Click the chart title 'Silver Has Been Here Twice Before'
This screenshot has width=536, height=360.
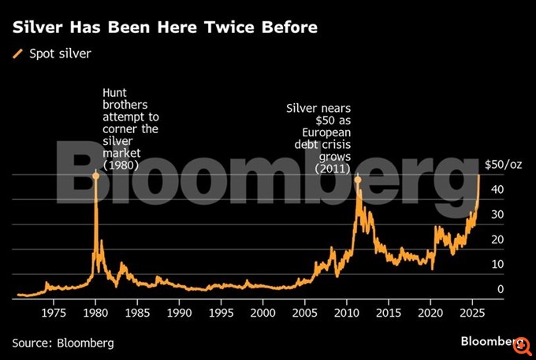[x=165, y=28]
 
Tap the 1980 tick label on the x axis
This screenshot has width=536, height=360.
[x=95, y=313]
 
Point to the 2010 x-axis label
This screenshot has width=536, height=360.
[x=346, y=313]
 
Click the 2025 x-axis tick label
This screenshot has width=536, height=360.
[x=471, y=313]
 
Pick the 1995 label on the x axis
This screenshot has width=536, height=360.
[x=221, y=313]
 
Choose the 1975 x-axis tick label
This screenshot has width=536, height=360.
[x=54, y=313]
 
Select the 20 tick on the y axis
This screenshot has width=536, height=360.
[x=498, y=239]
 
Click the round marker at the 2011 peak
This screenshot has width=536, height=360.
[x=357, y=180]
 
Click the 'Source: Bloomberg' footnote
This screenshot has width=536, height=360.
[x=62, y=343]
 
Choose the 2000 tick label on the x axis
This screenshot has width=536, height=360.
[x=262, y=313]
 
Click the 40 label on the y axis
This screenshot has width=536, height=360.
[x=498, y=190]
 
